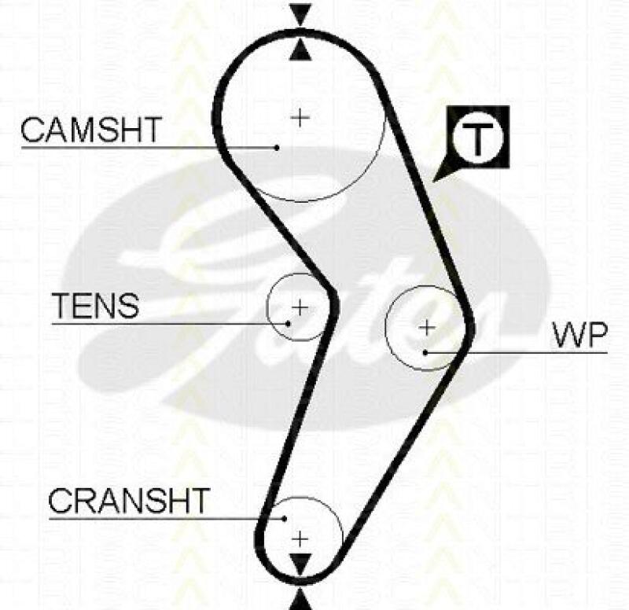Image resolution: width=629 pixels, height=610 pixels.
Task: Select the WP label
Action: point(579,336)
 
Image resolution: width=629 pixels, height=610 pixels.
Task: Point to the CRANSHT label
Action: point(130,500)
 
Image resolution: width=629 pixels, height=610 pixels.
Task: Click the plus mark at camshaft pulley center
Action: point(300,117)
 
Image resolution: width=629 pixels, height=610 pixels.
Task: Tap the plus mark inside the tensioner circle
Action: point(300,305)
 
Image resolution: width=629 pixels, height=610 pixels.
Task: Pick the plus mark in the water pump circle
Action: point(426,326)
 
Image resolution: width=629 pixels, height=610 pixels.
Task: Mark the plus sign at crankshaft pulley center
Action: point(300,538)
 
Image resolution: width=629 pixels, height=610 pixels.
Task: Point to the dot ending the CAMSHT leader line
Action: point(278,147)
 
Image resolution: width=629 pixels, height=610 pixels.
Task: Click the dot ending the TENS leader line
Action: point(289,322)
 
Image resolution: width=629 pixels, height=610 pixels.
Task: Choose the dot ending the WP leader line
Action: point(425,352)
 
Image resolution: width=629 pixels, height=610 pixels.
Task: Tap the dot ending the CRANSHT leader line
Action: point(285,517)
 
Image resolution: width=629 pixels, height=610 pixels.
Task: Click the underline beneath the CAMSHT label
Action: point(118,147)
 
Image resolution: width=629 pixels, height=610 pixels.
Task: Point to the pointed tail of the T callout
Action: point(437,180)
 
